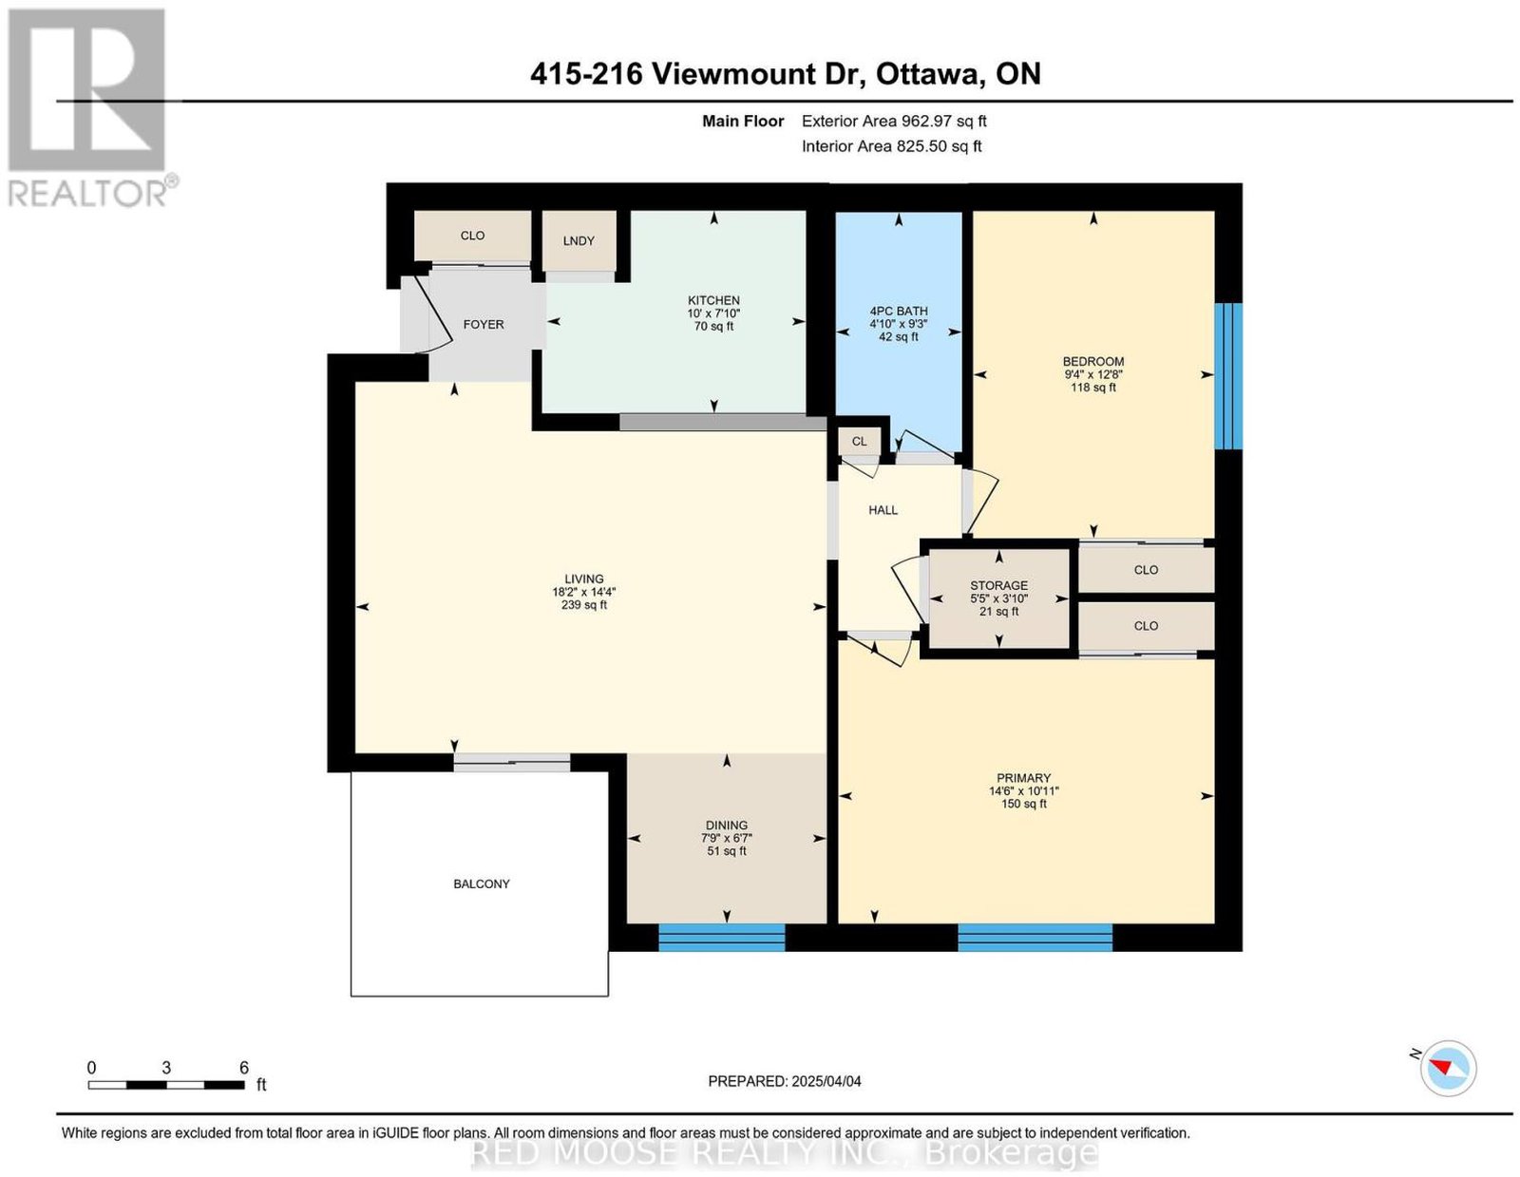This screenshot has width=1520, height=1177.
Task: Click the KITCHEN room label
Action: click(x=712, y=300)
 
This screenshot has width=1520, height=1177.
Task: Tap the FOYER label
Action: click(x=484, y=325)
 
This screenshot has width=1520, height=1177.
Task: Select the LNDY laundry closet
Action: click(x=579, y=240)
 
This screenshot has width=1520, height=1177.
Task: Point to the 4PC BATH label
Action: click(x=898, y=312)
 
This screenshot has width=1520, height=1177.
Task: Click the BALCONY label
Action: click(x=482, y=884)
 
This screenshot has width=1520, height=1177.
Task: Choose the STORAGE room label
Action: click(x=998, y=585)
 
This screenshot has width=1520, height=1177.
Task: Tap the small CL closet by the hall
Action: click(x=859, y=442)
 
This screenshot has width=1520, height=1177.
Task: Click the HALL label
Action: click(x=883, y=510)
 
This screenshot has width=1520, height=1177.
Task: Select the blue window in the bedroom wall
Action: click(x=1227, y=375)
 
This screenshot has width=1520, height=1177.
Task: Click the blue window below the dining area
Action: click(x=721, y=937)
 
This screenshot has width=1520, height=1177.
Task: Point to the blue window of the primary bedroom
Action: click(x=1035, y=937)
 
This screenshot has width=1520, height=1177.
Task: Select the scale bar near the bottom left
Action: click(x=166, y=1086)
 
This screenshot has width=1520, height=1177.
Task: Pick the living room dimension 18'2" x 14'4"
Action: click(x=583, y=592)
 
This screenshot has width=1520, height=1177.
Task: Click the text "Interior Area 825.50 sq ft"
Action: click(x=892, y=146)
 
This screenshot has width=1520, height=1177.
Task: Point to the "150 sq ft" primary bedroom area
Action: click(x=1023, y=804)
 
